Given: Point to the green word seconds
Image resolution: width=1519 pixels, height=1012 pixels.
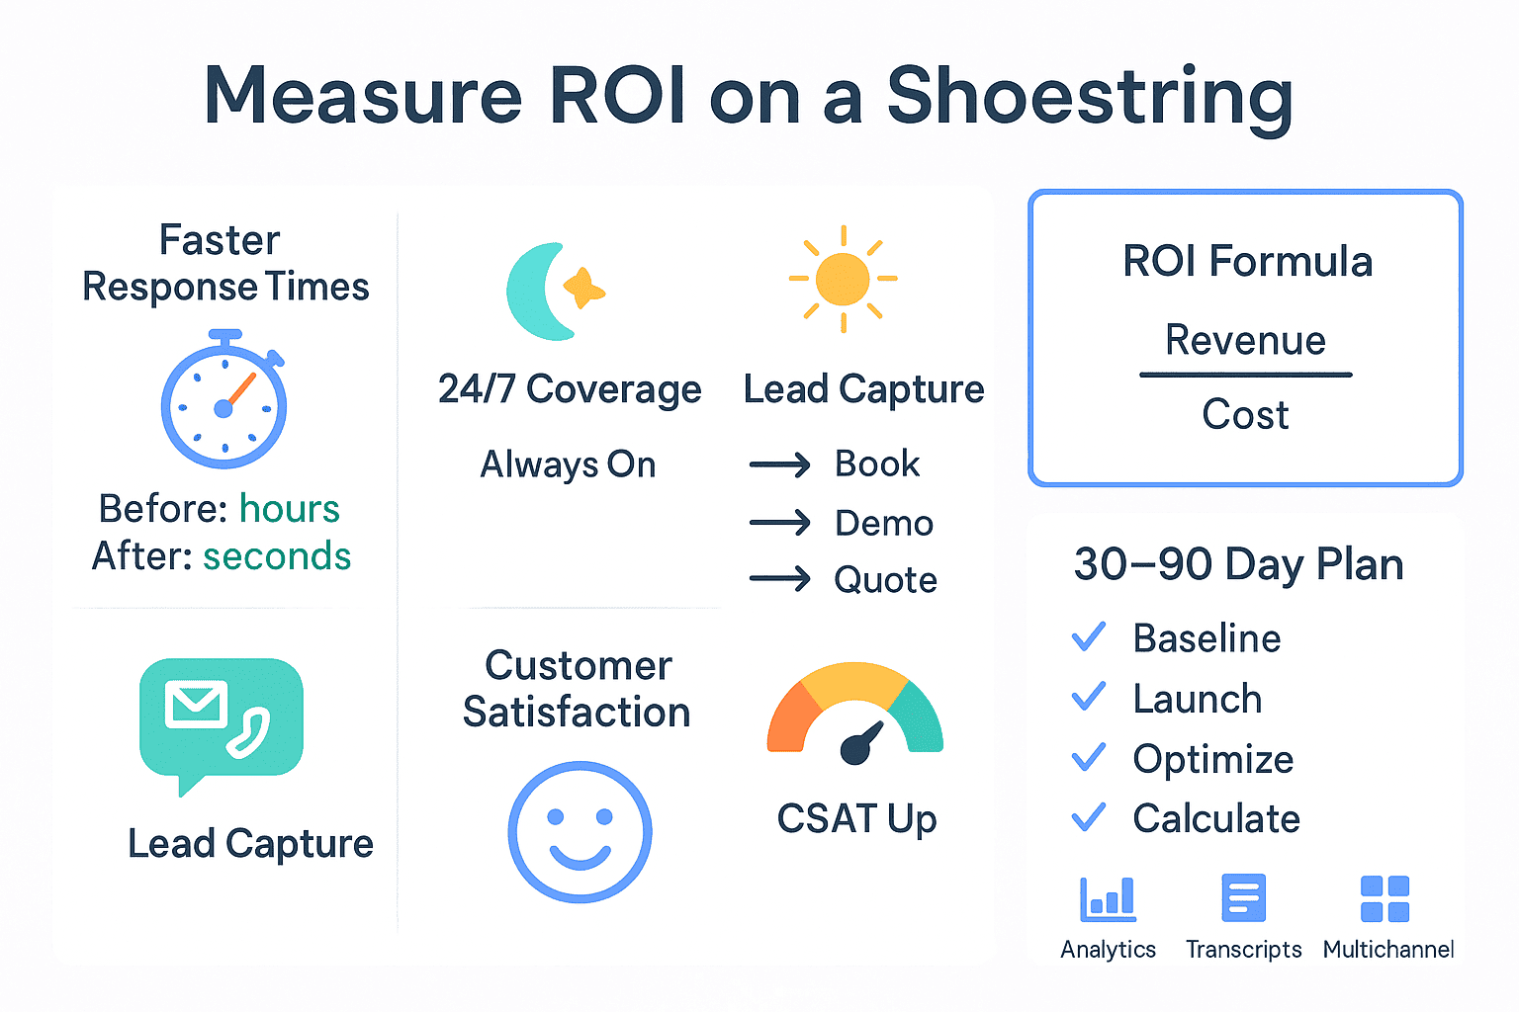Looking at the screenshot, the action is tap(277, 556).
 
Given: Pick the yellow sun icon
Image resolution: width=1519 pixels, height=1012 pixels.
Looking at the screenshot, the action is tap(843, 279).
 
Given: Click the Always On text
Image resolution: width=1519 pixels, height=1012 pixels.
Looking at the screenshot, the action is tap(569, 464).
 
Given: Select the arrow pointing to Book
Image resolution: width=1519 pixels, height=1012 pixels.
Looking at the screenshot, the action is tap(780, 465).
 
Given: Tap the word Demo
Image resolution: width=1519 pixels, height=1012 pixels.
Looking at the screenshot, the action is tap(884, 523).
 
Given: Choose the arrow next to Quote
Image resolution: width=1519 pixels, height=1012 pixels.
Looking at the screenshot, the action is tap(780, 579).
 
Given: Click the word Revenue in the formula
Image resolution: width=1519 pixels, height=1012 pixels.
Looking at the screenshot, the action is tap(1246, 340).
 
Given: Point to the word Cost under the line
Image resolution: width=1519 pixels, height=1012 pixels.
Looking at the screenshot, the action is tap(1246, 414).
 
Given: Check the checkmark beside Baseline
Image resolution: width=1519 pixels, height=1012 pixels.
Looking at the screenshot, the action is tap(1089, 637).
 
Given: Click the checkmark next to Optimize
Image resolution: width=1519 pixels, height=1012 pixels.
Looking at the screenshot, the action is tap(1089, 757).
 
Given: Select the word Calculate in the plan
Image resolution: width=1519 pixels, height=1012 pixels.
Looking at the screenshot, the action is tap(1216, 818).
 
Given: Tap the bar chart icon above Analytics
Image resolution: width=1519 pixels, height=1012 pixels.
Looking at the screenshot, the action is tap(1108, 898).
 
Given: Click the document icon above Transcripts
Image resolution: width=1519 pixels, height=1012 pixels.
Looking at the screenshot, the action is tap(1244, 898).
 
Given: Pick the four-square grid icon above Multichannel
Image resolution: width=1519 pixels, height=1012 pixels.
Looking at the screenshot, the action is tap(1385, 898).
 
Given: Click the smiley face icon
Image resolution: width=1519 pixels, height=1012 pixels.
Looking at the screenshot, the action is tap(580, 832).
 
